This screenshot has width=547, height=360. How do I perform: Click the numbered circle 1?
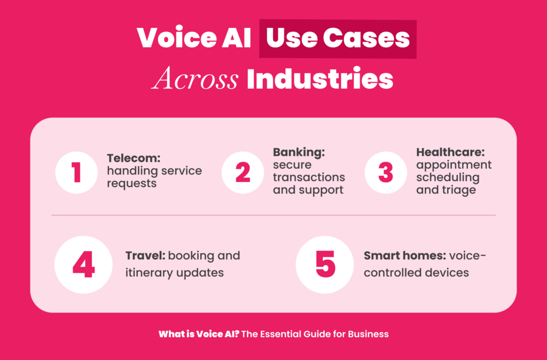point(76,173)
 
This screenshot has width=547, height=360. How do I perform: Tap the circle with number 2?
point(243,173)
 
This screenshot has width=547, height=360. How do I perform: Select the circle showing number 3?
point(386,173)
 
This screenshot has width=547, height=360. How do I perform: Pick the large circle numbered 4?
point(83,264)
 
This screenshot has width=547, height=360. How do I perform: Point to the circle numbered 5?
point(325,264)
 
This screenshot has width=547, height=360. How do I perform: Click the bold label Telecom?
point(134,159)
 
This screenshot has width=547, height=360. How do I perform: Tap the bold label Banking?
point(299,152)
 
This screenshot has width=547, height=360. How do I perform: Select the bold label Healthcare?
point(452,152)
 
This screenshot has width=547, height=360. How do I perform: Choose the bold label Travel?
point(145,256)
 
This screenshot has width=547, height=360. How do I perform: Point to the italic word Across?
point(194,78)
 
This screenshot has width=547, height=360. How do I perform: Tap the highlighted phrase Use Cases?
point(338,38)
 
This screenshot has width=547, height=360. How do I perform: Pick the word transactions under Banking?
point(309,177)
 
